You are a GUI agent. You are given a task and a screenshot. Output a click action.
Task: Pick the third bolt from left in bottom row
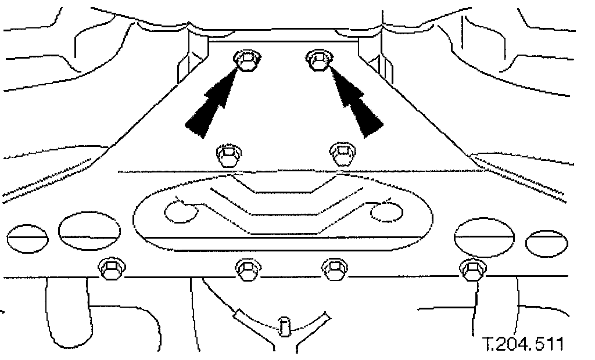[334, 268]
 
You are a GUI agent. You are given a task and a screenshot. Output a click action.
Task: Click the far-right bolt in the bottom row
[472, 268]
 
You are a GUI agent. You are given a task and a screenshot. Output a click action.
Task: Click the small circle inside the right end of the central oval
[386, 211]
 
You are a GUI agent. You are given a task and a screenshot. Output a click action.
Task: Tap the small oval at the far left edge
[27, 240]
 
